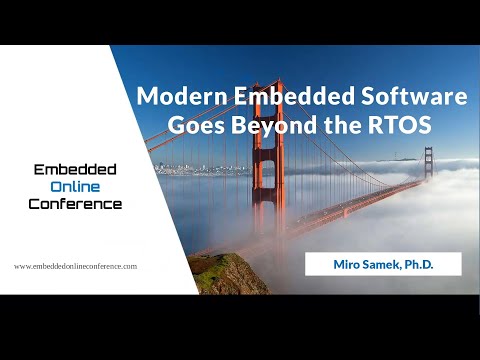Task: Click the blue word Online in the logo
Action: (75, 187)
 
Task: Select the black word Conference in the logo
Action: (75, 204)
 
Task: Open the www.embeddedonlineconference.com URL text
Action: (75, 267)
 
